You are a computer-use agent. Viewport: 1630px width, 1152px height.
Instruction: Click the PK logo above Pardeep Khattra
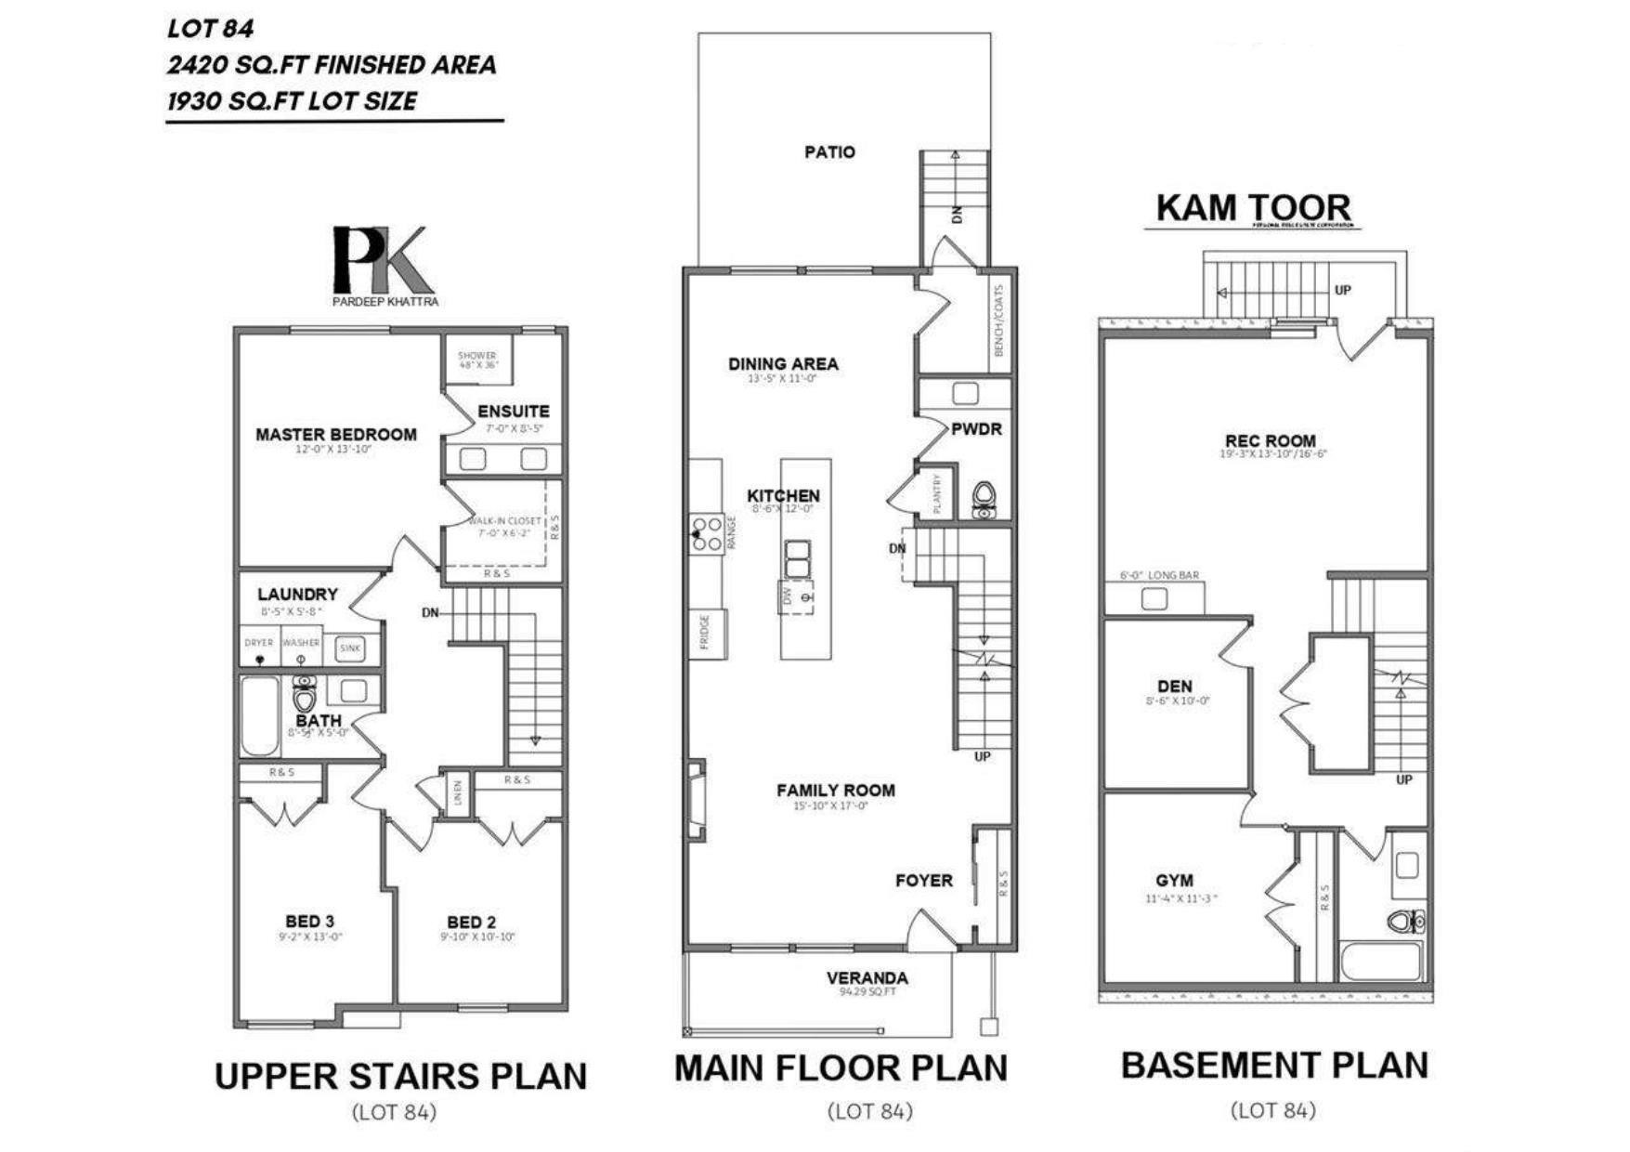point(383,260)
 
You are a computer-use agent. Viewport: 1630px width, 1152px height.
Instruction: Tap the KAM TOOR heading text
point(1253,207)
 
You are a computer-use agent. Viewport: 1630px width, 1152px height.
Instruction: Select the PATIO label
point(829,151)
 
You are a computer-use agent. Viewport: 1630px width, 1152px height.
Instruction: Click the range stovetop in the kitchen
point(708,534)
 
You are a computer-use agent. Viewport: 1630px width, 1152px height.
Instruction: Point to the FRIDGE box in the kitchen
point(707,634)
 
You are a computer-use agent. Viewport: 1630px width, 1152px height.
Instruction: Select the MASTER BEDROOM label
point(336,434)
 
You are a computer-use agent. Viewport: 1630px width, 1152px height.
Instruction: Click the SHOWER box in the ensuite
point(477,360)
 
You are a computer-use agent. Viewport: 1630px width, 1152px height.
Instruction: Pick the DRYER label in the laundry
point(259,642)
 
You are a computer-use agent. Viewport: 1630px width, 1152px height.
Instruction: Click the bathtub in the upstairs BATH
point(260,715)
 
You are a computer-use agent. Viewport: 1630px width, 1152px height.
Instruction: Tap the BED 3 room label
point(309,921)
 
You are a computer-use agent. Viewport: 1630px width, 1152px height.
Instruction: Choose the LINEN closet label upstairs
point(457,795)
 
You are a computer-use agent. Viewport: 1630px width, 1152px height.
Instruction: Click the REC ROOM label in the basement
point(1270,440)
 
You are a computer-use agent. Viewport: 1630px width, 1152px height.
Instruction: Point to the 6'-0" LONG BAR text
point(1159,575)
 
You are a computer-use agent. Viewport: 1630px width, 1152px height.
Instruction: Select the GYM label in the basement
point(1175,880)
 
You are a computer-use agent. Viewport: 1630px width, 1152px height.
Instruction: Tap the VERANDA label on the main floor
point(867,977)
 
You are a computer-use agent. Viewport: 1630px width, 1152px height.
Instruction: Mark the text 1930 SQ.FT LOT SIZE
point(293,100)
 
